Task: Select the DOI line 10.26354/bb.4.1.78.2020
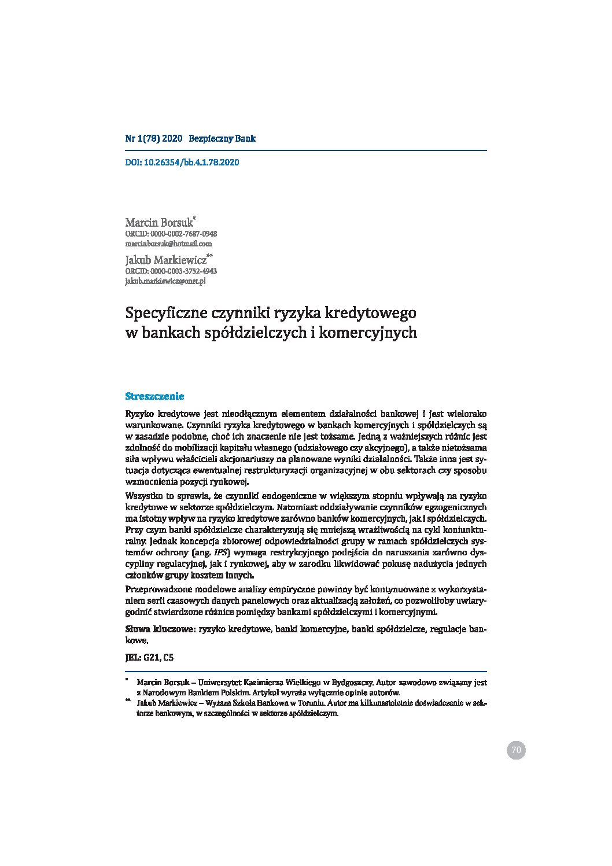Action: pyautogui.click(x=182, y=163)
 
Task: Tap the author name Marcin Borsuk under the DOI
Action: pyautogui.click(x=159, y=223)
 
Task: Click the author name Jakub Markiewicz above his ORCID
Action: pyautogui.click(x=166, y=260)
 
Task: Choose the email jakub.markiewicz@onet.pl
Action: pyautogui.click(x=165, y=281)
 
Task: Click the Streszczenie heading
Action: pyautogui.click(x=154, y=396)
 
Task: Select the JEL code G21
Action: pyautogui.click(x=153, y=657)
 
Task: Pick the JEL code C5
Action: pyautogui.click(x=168, y=657)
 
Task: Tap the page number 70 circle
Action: pyautogui.click(x=516, y=750)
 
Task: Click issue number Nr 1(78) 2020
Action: pyautogui.click(x=154, y=139)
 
